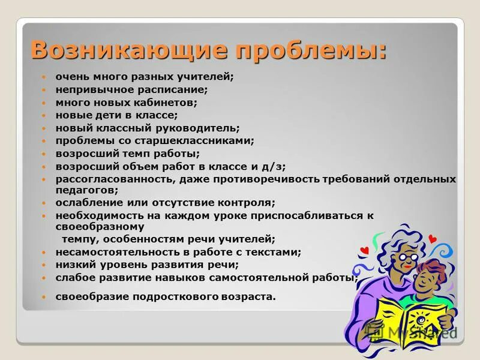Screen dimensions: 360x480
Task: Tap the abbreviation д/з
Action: pos(274,166)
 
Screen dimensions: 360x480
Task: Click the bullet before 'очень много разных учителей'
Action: pos(43,77)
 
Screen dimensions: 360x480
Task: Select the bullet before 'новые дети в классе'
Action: pos(43,115)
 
